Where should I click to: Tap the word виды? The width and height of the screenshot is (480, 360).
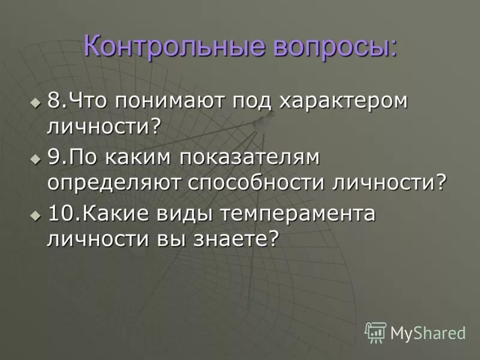coord(182,214)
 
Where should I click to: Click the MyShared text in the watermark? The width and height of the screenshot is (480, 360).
coord(428,332)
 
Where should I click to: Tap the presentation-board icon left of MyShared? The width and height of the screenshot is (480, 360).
coord(376,332)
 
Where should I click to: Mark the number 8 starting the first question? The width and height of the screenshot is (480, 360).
coord(53,101)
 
